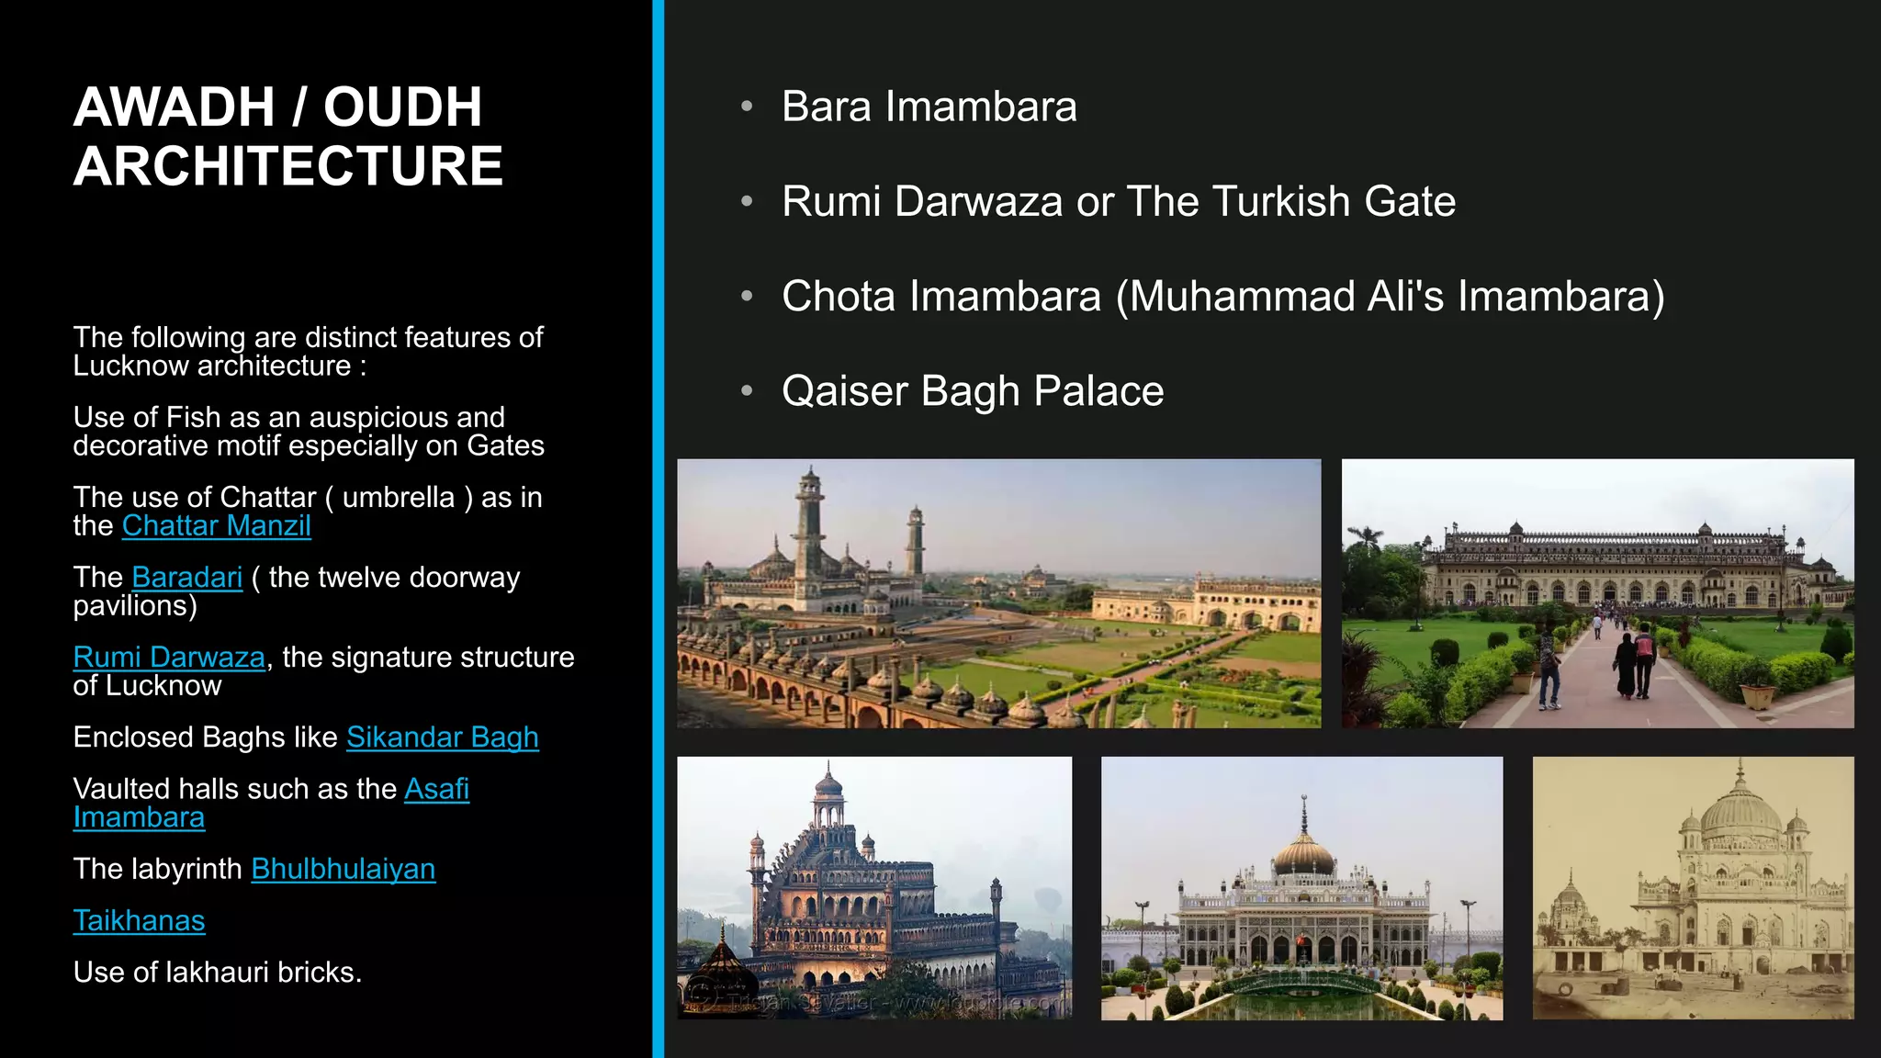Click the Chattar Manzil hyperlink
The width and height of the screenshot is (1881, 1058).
click(217, 525)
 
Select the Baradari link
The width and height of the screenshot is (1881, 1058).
click(187, 577)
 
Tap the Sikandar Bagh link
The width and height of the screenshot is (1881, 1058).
click(442, 737)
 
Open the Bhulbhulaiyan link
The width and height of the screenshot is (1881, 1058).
click(343, 869)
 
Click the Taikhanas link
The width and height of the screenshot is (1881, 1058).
click(139, 920)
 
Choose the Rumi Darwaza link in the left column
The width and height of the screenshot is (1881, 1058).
click(169, 657)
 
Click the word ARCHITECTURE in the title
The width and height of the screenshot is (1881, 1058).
click(287, 166)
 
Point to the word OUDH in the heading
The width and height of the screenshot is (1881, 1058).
click(402, 107)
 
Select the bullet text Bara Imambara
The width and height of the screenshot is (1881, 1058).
click(929, 107)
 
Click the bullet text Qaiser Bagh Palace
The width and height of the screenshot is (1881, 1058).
click(973, 391)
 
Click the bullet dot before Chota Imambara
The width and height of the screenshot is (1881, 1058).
click(747, 296)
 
